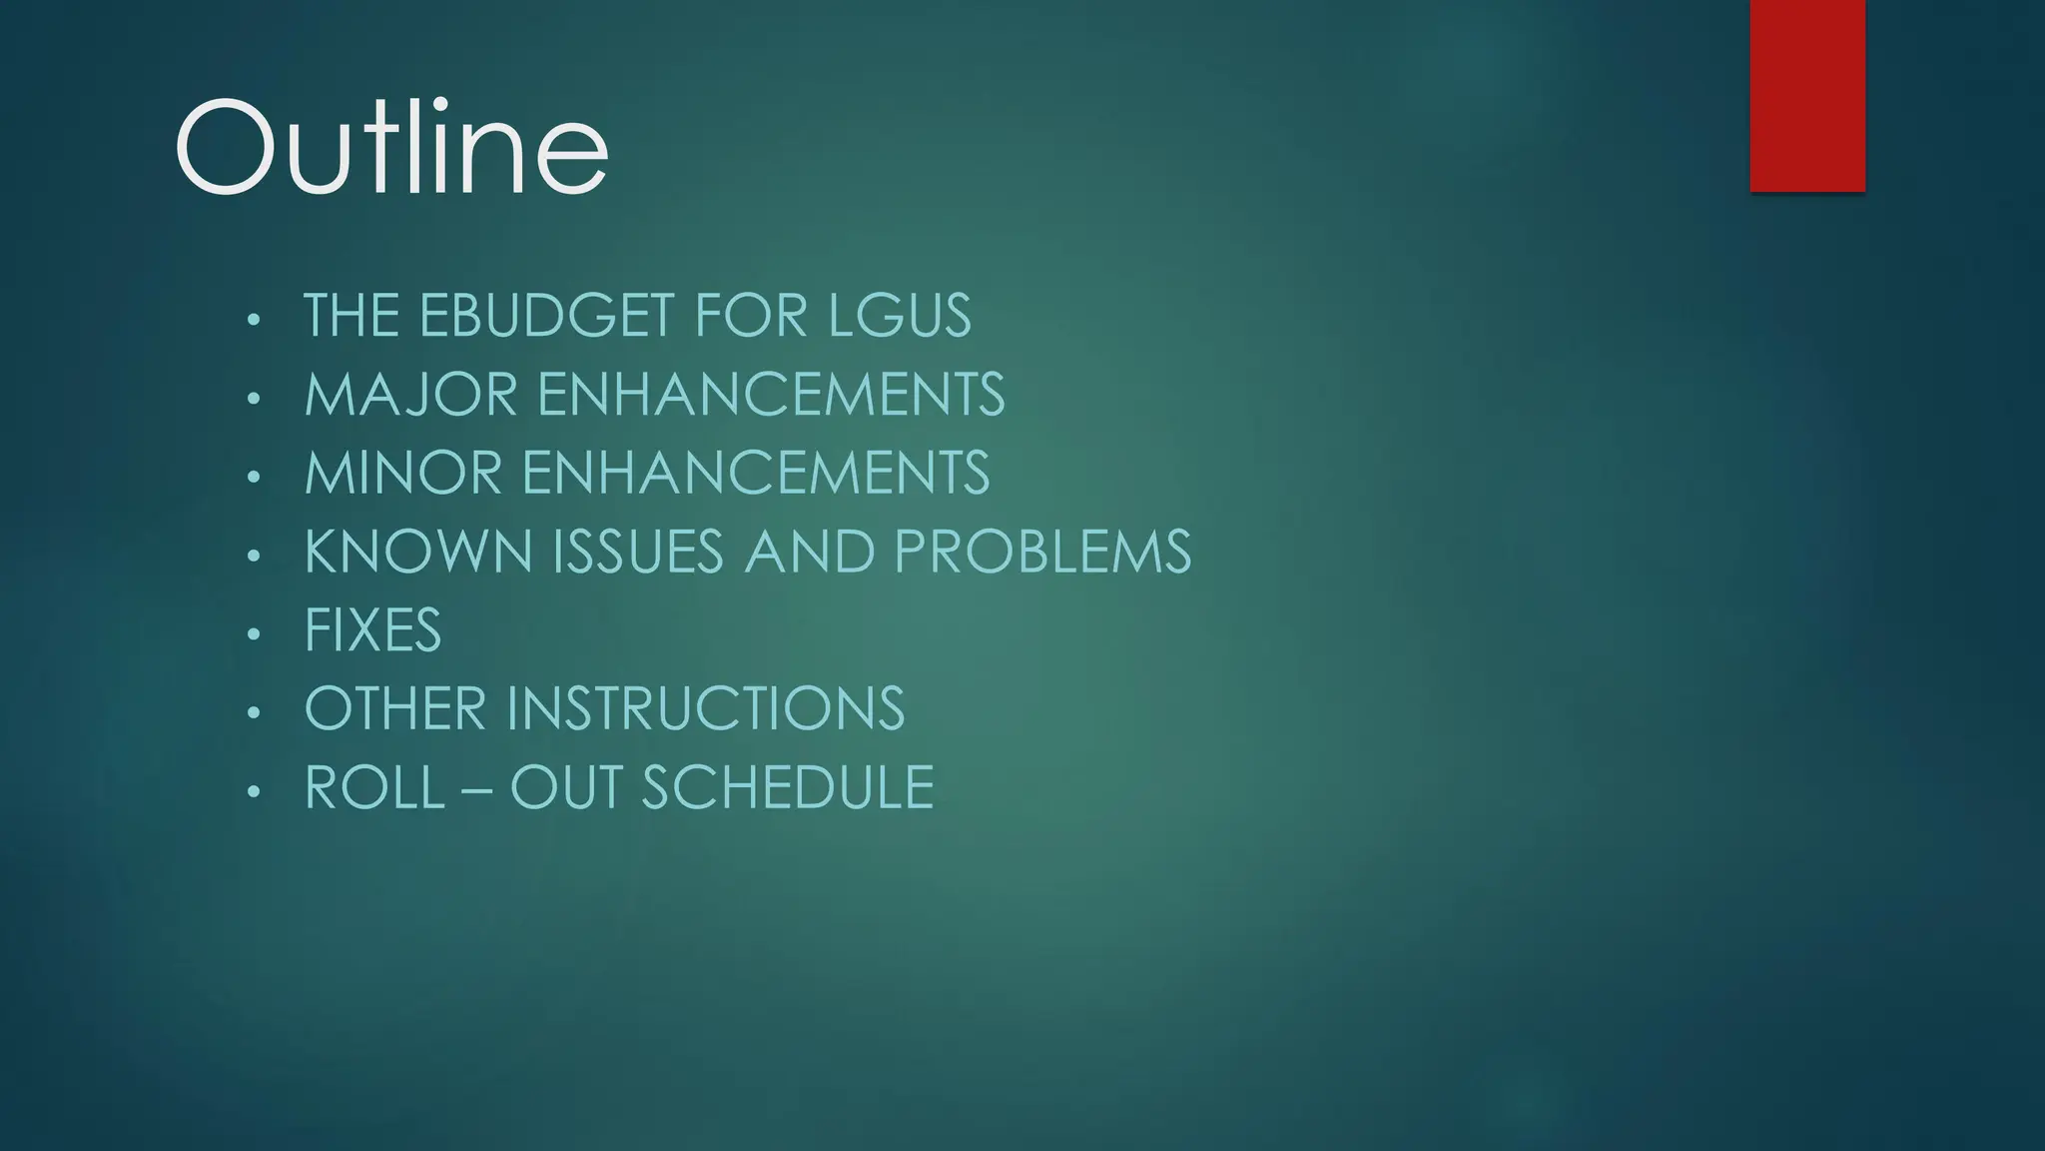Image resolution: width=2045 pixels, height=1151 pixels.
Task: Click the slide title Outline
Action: point(391,149)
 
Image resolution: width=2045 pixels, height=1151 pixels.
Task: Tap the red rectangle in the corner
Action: point(1807,95)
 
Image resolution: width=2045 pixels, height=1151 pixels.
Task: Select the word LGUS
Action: point(899,316)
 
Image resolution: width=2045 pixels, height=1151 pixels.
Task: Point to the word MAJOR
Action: point(410,394)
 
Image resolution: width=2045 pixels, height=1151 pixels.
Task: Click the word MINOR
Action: point(402,473)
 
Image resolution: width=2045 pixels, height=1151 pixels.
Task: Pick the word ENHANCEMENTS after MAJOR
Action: point(771,394)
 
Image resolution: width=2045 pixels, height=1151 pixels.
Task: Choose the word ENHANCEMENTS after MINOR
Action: point(756,473)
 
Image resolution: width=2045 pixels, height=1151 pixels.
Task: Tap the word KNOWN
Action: point(418,552)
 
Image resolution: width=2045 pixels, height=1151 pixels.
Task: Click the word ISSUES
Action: point(638,552)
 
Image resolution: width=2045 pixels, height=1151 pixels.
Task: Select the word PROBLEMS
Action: point(1042,552)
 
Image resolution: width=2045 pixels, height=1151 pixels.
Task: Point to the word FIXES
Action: point(372,630)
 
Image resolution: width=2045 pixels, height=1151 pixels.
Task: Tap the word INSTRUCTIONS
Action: point(705,708)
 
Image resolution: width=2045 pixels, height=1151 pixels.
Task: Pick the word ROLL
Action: point(374,787)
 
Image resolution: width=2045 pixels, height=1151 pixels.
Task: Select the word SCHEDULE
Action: point(787,787)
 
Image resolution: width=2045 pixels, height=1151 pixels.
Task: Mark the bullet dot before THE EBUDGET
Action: point(254,320)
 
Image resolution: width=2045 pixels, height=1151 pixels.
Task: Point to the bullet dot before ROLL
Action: point(254,791)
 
